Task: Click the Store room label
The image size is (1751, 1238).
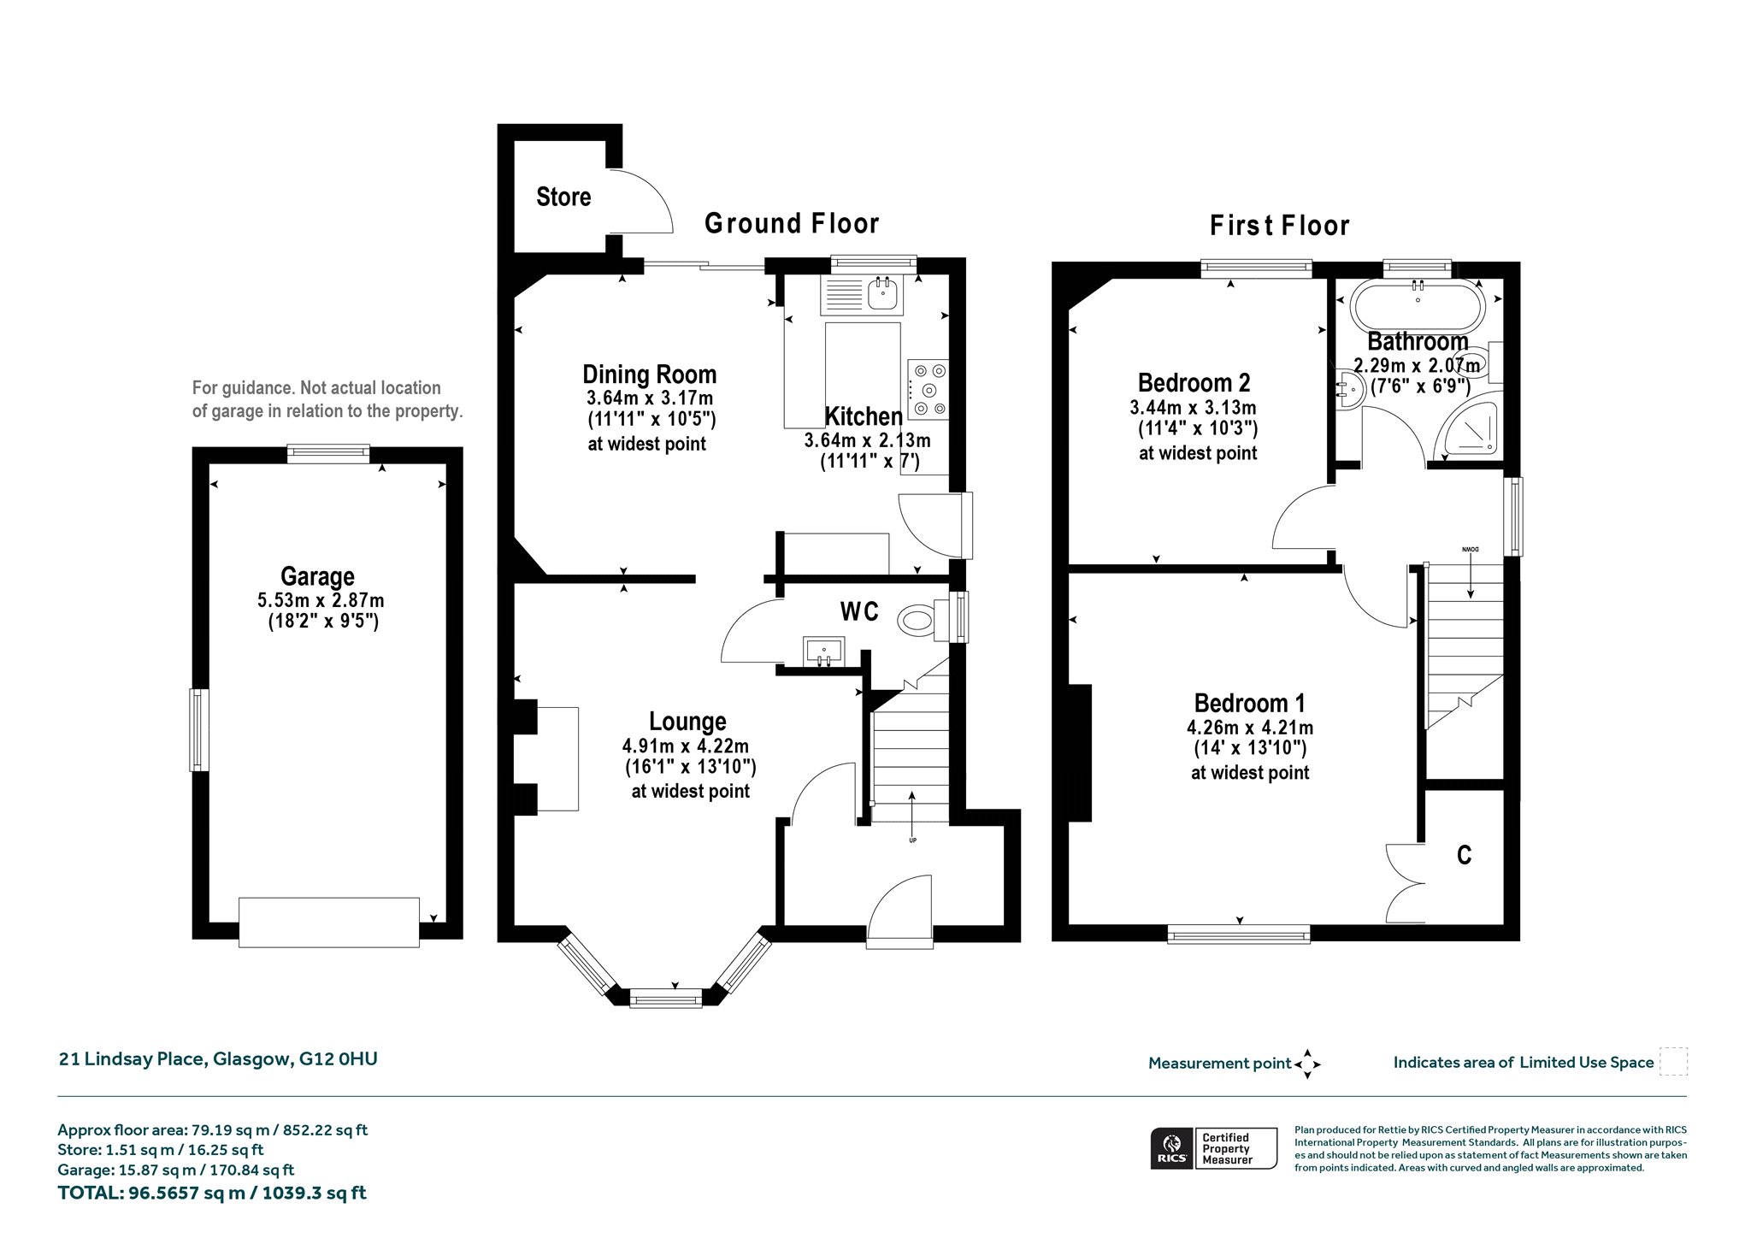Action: tap(563, 197)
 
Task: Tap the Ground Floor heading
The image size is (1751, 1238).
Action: tap(792, 224)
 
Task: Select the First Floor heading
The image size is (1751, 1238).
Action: tap(1279, 226)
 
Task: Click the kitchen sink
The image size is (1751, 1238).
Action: tap(882, 294)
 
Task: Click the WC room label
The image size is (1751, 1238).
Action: tap(859, 612)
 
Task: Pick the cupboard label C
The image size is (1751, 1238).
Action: tap(1464, 855)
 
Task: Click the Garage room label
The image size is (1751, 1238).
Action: tap(317, 576)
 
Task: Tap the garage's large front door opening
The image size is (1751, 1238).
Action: tap(329, 922)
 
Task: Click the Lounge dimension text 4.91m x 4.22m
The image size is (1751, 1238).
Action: tap(686, 746)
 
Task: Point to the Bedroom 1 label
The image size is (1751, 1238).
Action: tap(1250, 704)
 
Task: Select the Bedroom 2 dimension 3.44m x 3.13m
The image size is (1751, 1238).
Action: tap(1193, 408)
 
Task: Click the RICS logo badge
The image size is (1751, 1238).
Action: tap(1213, 1148)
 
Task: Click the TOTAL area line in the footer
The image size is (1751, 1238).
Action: tap(212, 1193)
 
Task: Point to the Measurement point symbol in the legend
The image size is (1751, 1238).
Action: tap(1307, 1064)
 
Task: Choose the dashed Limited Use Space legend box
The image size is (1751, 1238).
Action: tap(1673, 1062)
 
